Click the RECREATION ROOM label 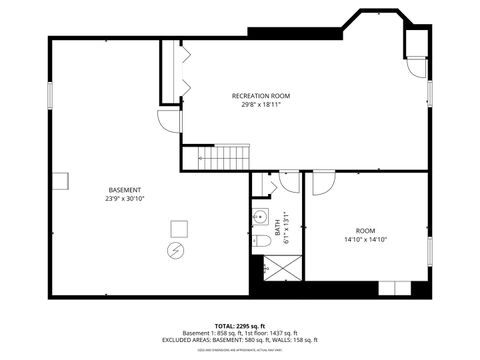(257, 95)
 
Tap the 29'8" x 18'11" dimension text (257, 104)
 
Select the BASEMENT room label (125, 190)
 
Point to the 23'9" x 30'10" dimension (125, 199)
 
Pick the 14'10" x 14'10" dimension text (365, 239)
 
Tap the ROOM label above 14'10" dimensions (365, 230)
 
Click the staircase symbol (213, 158)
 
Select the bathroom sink (258, 218)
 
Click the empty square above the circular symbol (179, 226)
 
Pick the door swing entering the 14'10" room (323, 183)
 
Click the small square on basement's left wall (61, 180)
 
